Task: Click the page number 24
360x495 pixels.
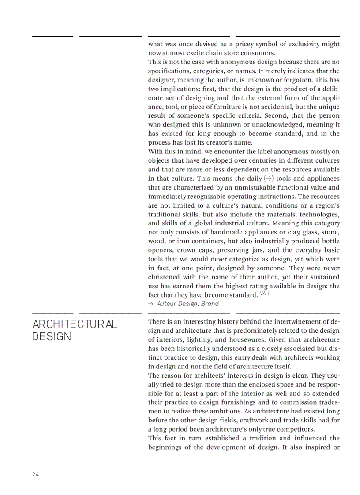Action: click(x=35, y=474)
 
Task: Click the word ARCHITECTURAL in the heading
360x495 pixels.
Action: click(x=75, y=324)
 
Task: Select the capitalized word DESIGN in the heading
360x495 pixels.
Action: click(x=51, y=337)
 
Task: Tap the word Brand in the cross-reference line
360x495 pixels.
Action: click(x=210, y=304)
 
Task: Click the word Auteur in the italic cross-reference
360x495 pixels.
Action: click(x=166, y=304)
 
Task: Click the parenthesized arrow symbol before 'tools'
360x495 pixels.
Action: click(x=268, y=179)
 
